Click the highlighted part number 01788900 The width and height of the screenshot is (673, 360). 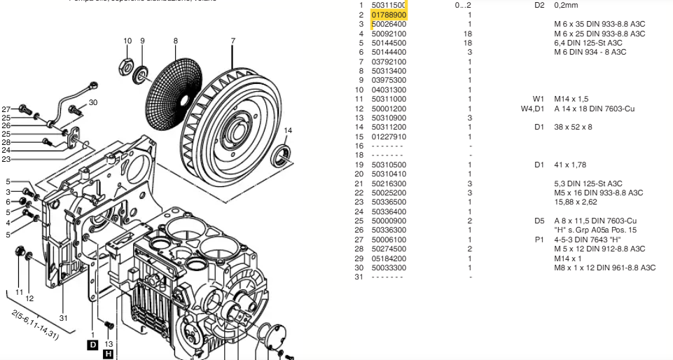389,15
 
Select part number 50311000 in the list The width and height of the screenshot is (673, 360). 389,99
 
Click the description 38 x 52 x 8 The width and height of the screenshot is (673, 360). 573,127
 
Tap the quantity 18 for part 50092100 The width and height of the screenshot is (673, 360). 469,34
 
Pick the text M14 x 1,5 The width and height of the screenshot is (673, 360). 571,99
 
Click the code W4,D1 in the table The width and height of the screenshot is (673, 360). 532,109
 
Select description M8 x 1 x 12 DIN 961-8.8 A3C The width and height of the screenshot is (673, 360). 604,268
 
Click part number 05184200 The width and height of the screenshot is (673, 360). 389,258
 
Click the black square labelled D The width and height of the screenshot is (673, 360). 92,345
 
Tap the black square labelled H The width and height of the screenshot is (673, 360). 108,355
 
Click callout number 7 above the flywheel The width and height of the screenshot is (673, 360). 233,41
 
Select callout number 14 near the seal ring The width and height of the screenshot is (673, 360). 288,131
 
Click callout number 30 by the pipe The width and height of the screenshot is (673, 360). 93,102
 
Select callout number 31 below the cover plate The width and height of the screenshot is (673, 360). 64,318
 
